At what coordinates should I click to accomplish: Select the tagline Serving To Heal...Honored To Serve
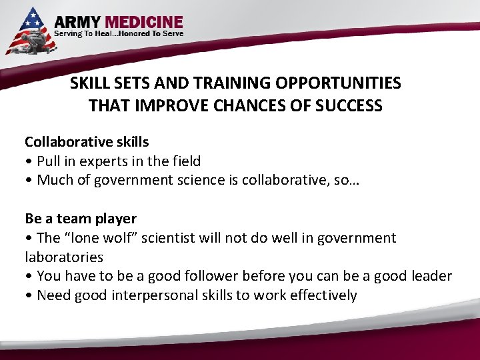(119, 33)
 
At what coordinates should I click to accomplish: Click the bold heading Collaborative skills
(87, 142)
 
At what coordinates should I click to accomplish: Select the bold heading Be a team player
(81, 219)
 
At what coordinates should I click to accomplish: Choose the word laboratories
(64, 257)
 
